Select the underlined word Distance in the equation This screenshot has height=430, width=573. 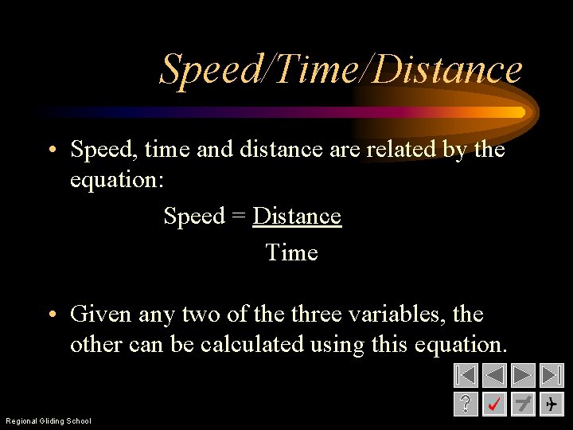[x=297, y=217]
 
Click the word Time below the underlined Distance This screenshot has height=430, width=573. [x=291, y=252]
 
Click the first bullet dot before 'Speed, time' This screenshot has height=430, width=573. [x=49, y=150]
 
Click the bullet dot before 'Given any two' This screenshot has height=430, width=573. [x=49, y=315]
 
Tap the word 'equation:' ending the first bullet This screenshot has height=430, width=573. [x=117, y=179]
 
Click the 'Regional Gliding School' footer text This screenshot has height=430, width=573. [x=49, y=420]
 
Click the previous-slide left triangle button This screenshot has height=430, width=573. [x=494, y=375]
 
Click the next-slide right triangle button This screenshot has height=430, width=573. [x=523, y=375]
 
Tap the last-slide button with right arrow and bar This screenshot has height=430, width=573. [x=551, y=375]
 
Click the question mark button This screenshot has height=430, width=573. [x=466, y=404]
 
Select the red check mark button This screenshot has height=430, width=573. [x=494, y=404]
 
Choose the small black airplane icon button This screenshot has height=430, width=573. [x=551, y=405]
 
